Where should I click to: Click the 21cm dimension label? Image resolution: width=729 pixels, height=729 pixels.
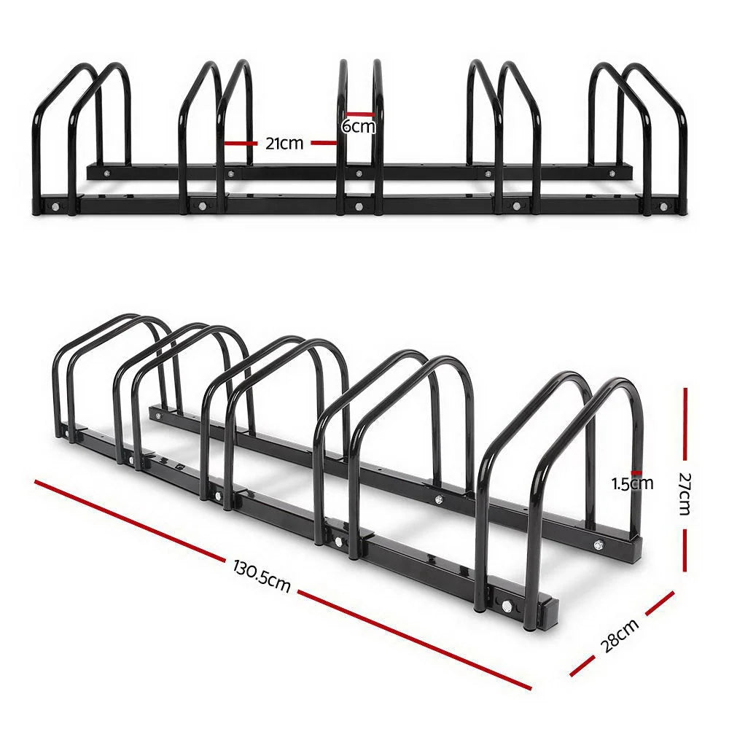click(x=284, y=144)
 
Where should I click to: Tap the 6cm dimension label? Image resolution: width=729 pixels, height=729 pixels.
click(x=359, y=127)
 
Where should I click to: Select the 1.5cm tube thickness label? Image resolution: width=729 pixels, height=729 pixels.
click(x=632, y=483)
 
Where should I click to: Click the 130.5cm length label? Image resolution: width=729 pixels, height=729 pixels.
click(x=262, y=575)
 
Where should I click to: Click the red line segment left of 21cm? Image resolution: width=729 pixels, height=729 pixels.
click(x=241, y=144)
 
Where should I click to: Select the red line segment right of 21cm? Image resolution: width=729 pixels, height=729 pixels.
click(x=324, y=144)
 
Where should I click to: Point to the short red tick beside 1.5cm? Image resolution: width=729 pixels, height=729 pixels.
click(x=636, y=472)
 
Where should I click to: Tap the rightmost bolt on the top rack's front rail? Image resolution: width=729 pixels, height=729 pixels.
click(x=663, y=206)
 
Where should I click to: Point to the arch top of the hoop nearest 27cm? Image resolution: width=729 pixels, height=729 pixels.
click(x=620, y=383)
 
